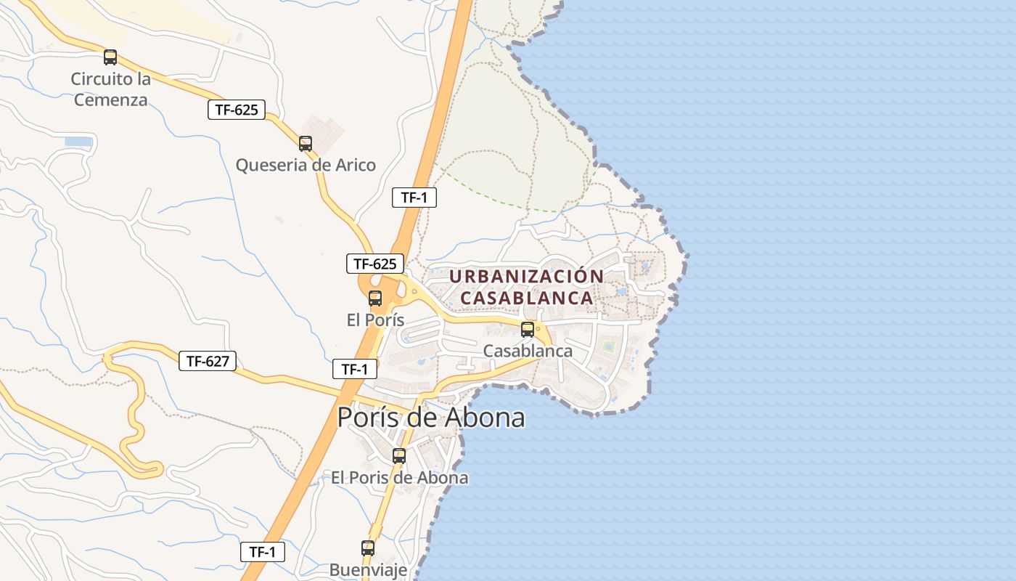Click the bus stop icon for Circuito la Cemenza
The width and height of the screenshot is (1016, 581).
point(110,57)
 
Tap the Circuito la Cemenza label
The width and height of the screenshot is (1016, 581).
point(110,89)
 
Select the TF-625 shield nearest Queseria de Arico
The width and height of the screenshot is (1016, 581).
point(237,110)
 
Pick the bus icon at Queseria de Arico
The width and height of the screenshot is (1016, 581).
point(306,144)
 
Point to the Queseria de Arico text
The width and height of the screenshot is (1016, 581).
point(306,165)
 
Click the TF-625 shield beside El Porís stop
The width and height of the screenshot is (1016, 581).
point(374,264)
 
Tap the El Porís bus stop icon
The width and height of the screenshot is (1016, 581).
point(375,298)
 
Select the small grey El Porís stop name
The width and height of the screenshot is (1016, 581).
point(375,320)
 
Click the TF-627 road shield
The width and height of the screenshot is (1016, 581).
point(208,361)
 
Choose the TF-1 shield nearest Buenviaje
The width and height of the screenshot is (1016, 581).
point(263,552)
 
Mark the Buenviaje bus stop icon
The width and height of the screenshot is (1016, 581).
point(368,548)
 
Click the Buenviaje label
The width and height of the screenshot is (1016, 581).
point(368,569)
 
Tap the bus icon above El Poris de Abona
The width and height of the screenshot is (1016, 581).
point(399,456)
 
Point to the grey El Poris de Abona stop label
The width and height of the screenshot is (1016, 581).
point(399,478)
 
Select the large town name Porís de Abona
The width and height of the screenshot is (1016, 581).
point(430,418)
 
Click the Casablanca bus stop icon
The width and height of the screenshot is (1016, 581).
point(528,330)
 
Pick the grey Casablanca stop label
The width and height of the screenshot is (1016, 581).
point(528,351)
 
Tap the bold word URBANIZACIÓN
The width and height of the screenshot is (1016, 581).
point(526,277)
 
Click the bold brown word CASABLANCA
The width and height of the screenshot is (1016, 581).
point(527,298)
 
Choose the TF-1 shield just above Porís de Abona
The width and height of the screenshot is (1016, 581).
point(355,369)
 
